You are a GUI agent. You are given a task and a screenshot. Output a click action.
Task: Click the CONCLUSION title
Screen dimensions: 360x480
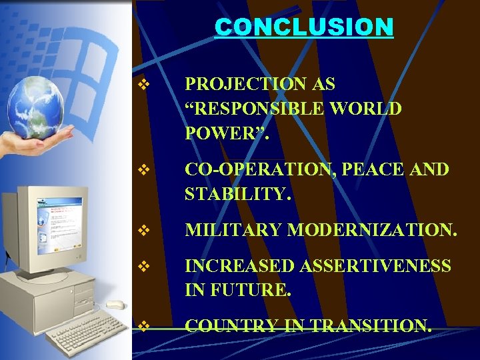304,27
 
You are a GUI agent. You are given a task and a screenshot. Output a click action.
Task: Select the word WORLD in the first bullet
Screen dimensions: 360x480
369,108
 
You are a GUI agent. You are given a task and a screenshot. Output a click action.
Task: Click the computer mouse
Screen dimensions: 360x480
115,305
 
